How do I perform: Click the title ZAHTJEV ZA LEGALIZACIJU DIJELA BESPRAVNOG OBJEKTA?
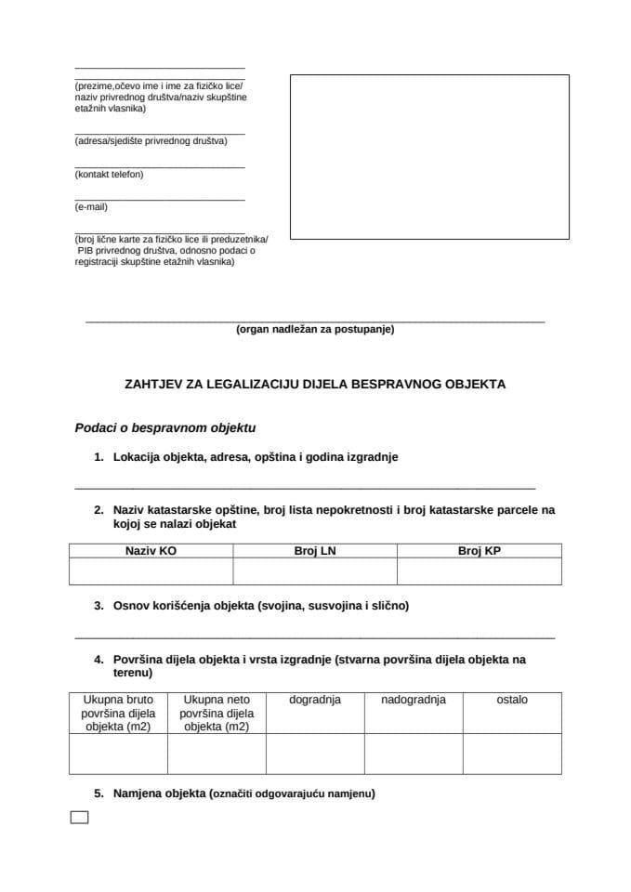click(315, 383)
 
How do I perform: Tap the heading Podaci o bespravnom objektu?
click(164, 428)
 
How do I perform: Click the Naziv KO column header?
click(151, 551)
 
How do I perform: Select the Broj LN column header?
click(315, 551)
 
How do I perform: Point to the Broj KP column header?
click(480, 551)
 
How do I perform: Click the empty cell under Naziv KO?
click(151, 571)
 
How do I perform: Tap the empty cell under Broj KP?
click(480, 571)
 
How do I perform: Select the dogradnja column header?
click(315, 700)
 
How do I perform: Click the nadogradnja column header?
click(414, 700)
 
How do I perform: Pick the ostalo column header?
click(512, 700)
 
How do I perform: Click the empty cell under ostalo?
click(512, 754)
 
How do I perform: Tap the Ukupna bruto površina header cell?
click(118, 713)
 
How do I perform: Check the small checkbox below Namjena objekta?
click(80, 818)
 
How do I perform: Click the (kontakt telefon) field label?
click(109, 174)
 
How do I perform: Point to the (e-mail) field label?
click(91, 206)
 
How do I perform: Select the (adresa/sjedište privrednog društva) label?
click(151, 141)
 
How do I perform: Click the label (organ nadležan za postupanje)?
click(315, 329)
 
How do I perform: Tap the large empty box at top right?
click(429, 156)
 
